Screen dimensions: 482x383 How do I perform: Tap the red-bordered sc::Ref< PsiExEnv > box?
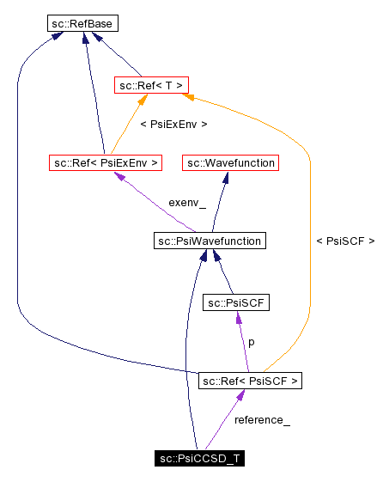click(x=106, y=162)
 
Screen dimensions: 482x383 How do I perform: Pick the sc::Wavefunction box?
click(x=229, y=162)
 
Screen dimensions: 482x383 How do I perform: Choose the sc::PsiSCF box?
click(x=237, y=302)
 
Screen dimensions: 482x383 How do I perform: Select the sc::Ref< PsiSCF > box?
click(x=250, y=380)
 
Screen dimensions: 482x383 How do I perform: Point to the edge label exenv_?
click(x=187, y=203)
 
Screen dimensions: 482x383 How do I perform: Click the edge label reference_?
click(x=262, y=420)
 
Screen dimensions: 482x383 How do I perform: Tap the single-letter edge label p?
click(x=251, y=342)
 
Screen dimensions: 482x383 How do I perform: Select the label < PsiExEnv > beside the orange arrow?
click(x=173, y=125)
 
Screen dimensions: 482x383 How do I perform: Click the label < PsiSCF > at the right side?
click(x=345, y=241)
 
